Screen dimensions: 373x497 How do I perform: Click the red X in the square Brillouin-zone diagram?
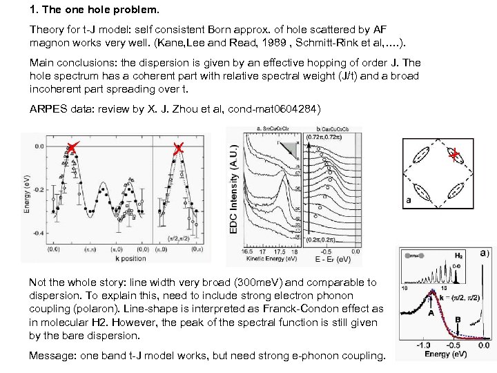(454, 157)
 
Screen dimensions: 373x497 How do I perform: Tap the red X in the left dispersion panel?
(72, 147)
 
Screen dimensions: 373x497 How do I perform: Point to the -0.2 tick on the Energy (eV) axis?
(38, 189)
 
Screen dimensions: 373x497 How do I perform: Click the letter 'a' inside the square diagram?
(409, 200)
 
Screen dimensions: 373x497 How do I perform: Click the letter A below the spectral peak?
(431, 314)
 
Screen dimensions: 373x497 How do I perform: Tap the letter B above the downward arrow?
(458, 320)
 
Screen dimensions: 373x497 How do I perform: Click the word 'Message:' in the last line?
(50, 356)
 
